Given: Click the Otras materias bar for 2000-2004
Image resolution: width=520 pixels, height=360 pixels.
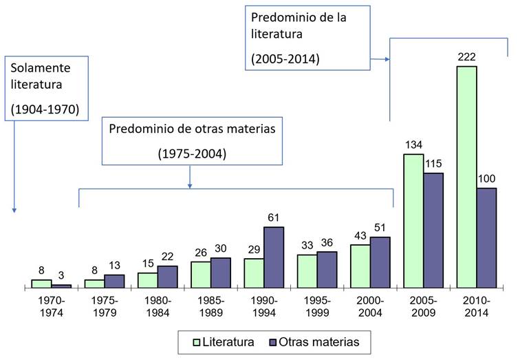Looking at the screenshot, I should pos(380,262).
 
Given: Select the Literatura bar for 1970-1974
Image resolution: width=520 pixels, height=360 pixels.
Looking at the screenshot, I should pos(41,283).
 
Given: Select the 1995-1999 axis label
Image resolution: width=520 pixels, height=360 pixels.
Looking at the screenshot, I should pos(317,307).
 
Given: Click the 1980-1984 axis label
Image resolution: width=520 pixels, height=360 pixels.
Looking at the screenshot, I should pos(158,307).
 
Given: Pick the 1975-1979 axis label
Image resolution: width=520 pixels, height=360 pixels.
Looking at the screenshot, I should pos(105,307).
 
